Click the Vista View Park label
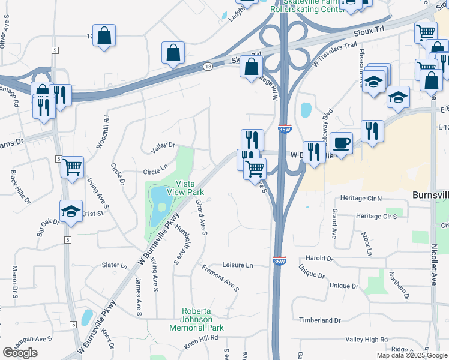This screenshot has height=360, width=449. pos(189,188)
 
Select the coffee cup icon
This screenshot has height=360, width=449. pos(341,143)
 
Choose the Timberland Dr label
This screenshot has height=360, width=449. pos(320,320)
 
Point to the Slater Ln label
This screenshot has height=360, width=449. pos(115,265)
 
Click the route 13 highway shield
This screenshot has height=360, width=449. pos(208,65)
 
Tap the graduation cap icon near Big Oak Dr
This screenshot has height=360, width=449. pos(71,211)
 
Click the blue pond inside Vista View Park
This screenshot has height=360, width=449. pos(159,203)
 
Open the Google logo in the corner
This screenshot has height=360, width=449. pos(20,353)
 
